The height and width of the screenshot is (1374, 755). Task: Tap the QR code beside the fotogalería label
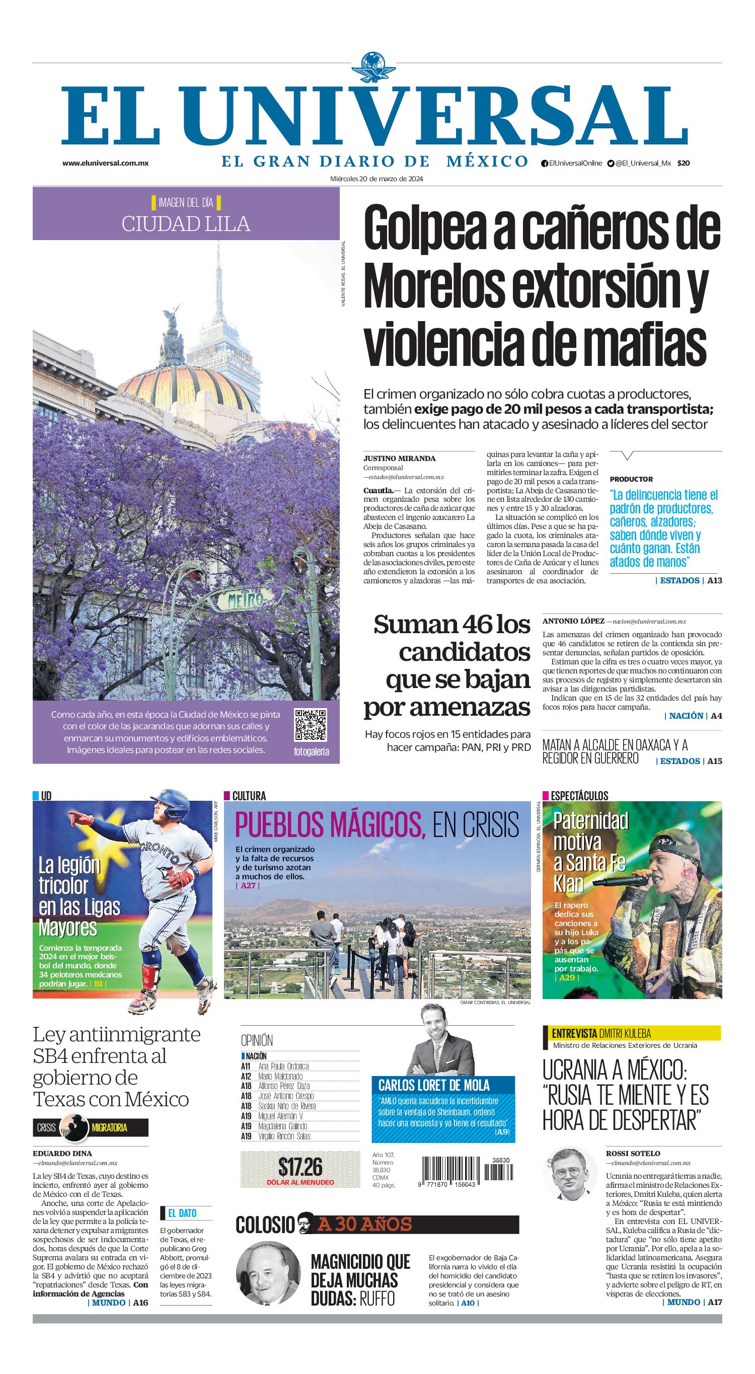point(311,725)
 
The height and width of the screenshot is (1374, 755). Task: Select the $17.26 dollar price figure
point(300,1167)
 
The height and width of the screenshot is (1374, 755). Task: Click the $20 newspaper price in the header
point(684,163)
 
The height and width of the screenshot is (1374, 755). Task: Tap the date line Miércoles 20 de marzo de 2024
point(376,179)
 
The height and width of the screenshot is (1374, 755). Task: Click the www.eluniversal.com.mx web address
point(105,163)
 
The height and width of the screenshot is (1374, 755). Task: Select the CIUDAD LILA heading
point(186,223)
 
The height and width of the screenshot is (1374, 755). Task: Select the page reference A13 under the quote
point(714,580)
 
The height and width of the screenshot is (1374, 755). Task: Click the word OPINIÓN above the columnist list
point(257,1040)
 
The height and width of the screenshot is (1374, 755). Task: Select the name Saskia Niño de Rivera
point(286,1106)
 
